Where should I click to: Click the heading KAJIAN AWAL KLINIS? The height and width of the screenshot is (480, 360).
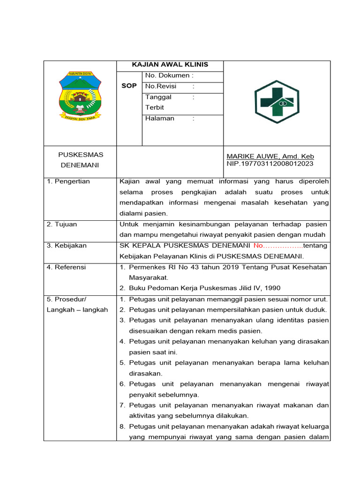[x=170, y=65]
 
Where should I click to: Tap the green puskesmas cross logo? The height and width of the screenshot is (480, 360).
[x=277, y=102]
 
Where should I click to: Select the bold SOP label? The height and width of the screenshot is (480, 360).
[x=129, y=86]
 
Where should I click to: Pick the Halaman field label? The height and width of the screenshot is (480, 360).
[x=160, y=119]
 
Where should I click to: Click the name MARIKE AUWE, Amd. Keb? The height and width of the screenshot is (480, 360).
[x=270, y=156]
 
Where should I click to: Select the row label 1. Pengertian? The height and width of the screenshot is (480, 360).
[x=68, y=181]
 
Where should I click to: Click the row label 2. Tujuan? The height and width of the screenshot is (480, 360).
[x=62, y=225]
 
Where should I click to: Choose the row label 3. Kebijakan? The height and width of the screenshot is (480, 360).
[x=67, y=246]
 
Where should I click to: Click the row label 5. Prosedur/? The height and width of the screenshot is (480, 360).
[x=67, y=299]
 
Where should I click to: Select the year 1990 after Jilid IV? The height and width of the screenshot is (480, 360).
[x=273, y=288]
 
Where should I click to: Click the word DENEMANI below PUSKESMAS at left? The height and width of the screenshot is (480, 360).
[x=81, y=165]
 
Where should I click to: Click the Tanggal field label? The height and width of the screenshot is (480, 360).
[x=158, y=97]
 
